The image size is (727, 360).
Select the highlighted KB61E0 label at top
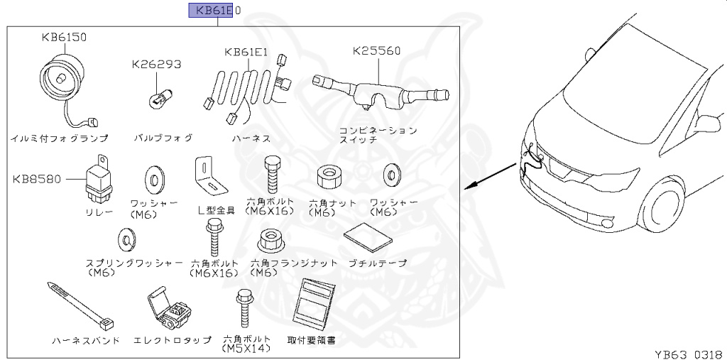coord(214,10)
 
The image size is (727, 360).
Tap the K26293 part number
coord(156,64)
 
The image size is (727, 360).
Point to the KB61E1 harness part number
coord(246,52)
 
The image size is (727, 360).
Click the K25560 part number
coord(376,51)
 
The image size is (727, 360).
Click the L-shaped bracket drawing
coord(209,175)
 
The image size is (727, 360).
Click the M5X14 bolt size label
coord(245,349)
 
